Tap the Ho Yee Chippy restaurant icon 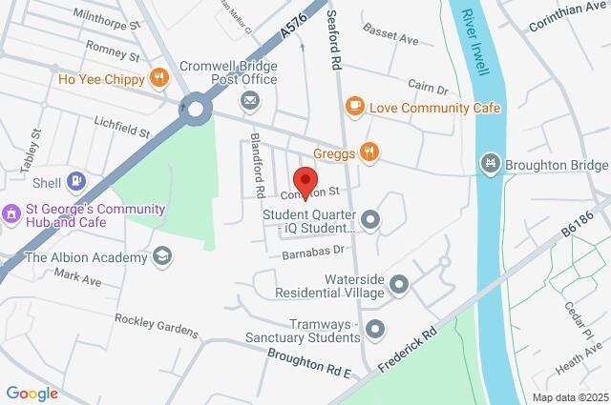click(x=158, y=79)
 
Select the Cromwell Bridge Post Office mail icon click(x=250, y=100)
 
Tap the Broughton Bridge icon click(x=491, y=164)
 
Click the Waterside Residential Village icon click(x=399, y=284)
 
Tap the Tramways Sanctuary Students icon click(x=375, y=330)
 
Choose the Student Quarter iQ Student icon click(x=369, y=221)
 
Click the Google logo click(x=32, y=393)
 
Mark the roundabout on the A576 click(x=198, y=109)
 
